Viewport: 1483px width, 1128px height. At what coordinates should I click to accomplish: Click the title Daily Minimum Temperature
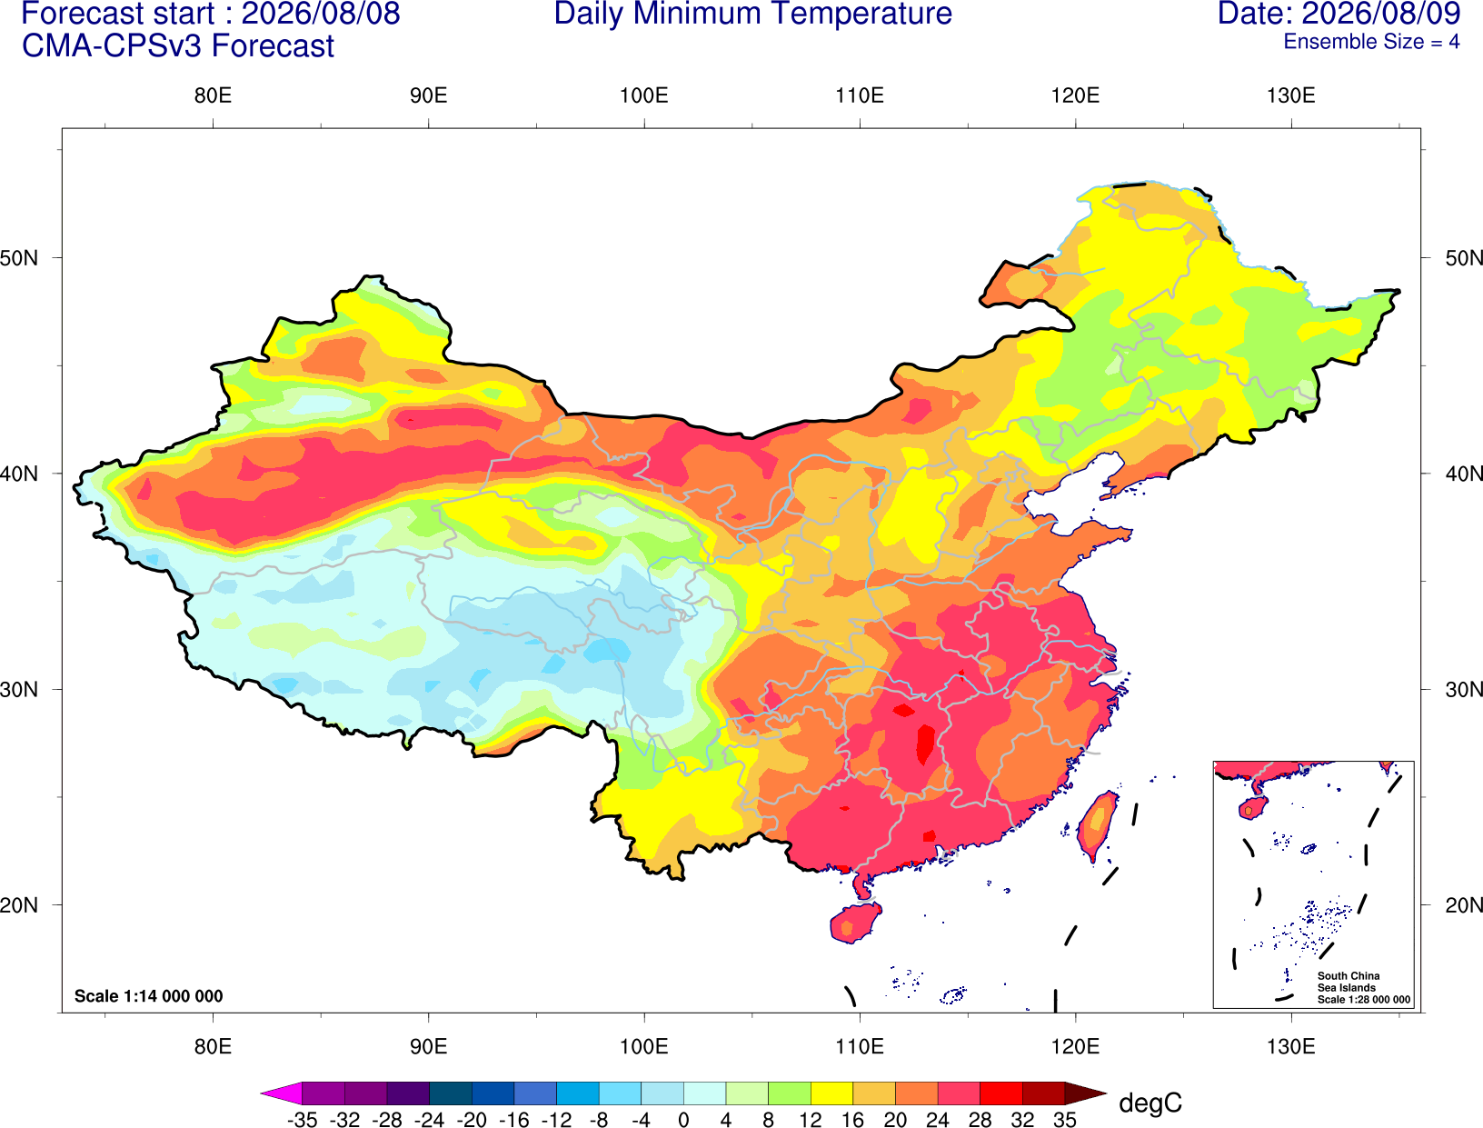pos(752,14)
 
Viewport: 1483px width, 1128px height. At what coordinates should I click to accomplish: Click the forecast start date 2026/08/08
pos(320,14)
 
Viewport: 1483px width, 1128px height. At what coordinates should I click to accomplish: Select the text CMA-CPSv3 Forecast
pos(178,46)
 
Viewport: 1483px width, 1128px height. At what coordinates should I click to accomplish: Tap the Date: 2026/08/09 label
pos(1339,14)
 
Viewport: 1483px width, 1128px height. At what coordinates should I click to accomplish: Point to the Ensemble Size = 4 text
pos(1371,42)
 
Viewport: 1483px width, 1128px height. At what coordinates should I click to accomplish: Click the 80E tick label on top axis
pos(213,95)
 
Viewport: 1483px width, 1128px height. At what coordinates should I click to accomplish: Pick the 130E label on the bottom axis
pos(1290,1047)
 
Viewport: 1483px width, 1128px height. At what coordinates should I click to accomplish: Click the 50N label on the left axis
pos(19,258)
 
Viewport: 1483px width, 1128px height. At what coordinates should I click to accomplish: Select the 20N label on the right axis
pos(1464,905)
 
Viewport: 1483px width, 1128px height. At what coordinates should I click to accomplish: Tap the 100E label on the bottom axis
pos(644,1047)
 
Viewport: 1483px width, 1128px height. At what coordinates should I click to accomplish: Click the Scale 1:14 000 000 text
pos(149,996)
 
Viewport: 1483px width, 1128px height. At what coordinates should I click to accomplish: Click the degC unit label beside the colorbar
pos(1150,1103)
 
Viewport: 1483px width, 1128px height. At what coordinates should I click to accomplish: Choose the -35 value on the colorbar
pos(302,1121)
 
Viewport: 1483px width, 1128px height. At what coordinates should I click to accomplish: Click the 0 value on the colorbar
pos(683,1121)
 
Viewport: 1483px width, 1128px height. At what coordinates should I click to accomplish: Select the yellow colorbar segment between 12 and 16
pos(831,1093)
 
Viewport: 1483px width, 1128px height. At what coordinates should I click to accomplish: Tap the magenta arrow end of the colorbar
pos(281,1093)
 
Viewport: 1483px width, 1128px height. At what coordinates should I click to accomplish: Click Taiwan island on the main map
pos(1096,825)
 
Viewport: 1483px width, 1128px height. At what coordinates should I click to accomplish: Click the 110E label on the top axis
pos(860,95)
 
